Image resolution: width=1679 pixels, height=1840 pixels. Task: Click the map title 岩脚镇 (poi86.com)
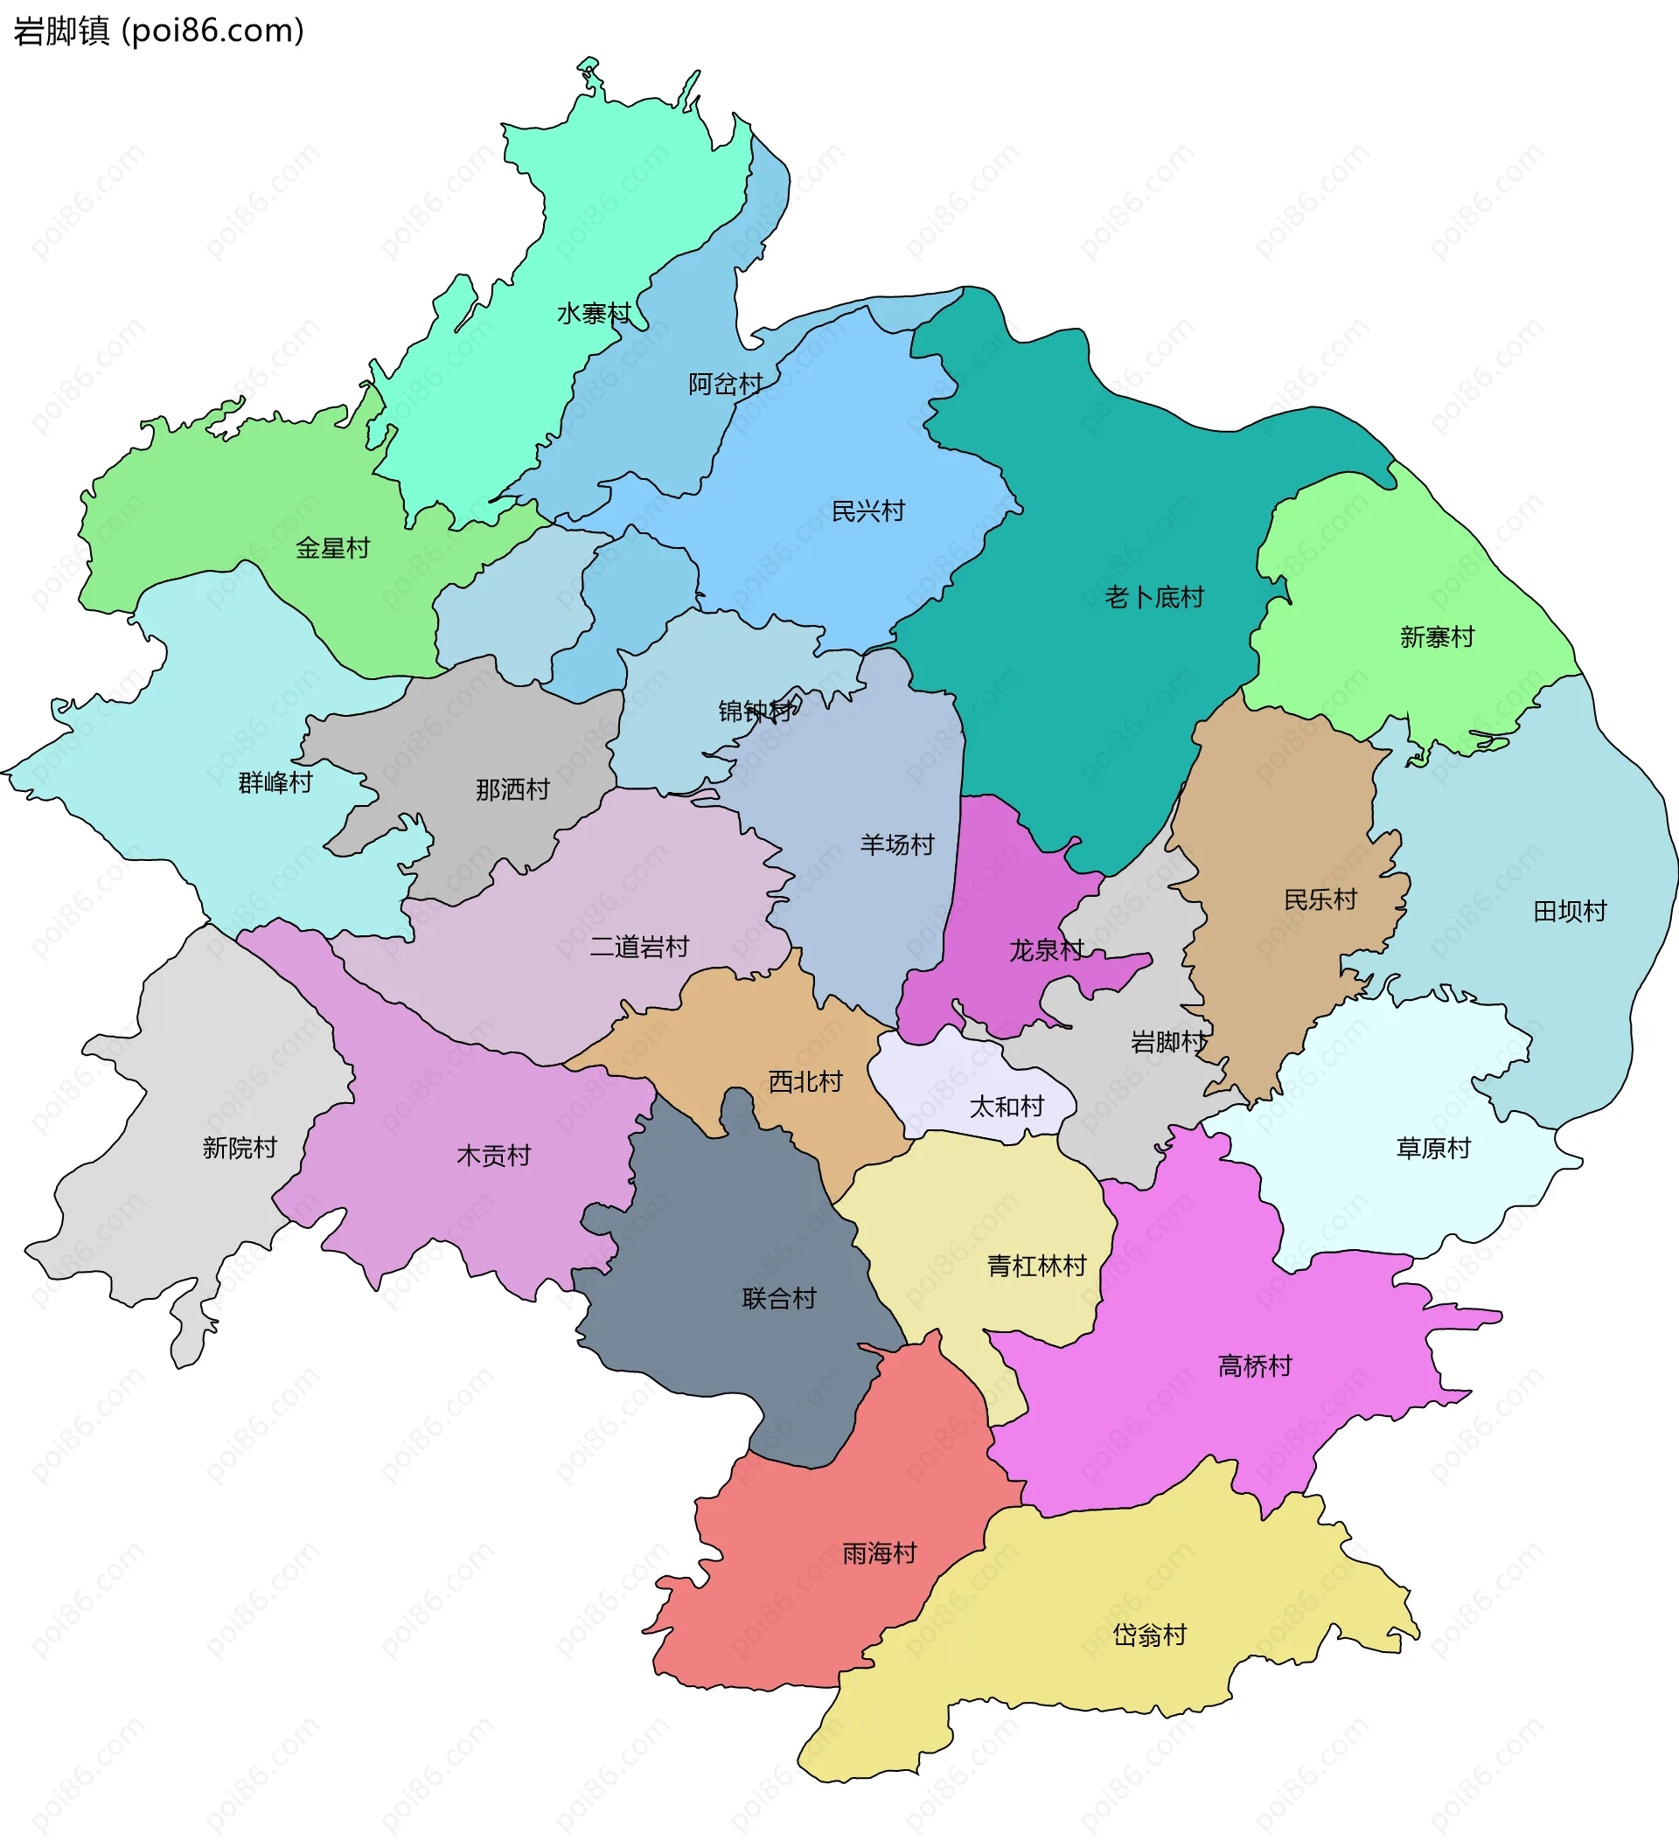point(158,31)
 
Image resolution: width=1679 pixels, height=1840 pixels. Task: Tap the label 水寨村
point(594,314)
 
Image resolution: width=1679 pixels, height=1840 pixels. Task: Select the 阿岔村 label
point(725,385)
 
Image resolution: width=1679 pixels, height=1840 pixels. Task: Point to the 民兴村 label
point(867,511)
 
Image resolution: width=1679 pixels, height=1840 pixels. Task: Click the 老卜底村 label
point(1154,598)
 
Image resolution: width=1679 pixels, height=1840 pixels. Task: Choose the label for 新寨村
point(1437,637)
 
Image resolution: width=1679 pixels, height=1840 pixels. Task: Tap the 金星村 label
point(332,549)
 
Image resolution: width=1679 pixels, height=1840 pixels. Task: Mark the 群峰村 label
point(275,783)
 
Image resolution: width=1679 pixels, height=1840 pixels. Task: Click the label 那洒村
point(512,790)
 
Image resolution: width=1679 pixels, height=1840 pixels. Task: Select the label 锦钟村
point(756,711)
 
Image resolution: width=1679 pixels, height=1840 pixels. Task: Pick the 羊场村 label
point(896,845)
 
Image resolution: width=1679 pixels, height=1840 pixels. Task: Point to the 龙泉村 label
point(1046,951)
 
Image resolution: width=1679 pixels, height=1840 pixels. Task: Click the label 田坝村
point(1570,912)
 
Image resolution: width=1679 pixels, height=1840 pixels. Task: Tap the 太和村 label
point(1007,1107)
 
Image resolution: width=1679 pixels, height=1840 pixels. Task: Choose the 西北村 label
point(805,1082)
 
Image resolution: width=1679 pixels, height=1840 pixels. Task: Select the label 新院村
point(240,1149)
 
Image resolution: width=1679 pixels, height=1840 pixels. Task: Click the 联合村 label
point(779,1299)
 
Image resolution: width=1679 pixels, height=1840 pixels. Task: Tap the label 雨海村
point(879,1553)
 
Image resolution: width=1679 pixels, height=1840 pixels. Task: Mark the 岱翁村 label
point(1149,1635)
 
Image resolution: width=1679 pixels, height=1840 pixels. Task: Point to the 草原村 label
point(1433,1149)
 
